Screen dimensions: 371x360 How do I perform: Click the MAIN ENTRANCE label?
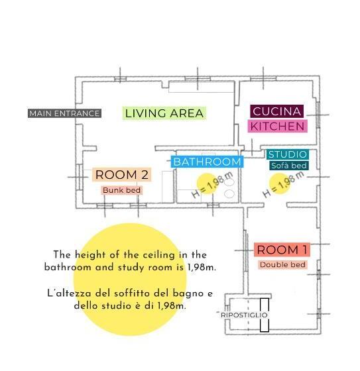[x=64, y=113]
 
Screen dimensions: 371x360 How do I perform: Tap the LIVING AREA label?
[x=164, y=113]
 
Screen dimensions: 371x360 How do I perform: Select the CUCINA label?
[x=276, y=111]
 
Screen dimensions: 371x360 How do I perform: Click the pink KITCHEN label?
[x=277, y=126]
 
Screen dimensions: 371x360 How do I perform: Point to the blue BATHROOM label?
[x=207, y=162]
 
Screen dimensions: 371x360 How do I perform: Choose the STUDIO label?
[x=287, y=154]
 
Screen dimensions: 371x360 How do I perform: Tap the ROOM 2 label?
[x=122, y=175]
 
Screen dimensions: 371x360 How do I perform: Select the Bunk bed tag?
[x=122, y=190]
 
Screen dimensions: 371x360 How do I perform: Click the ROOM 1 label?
[x=282, y=250]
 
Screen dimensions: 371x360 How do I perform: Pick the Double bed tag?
[x=283, y=265]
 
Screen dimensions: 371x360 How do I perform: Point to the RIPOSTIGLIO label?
[x=245, y=315]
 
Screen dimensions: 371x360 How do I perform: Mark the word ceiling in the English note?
[x=148, y=254]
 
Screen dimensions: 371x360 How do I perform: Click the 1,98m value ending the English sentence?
[x=202, y=268]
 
